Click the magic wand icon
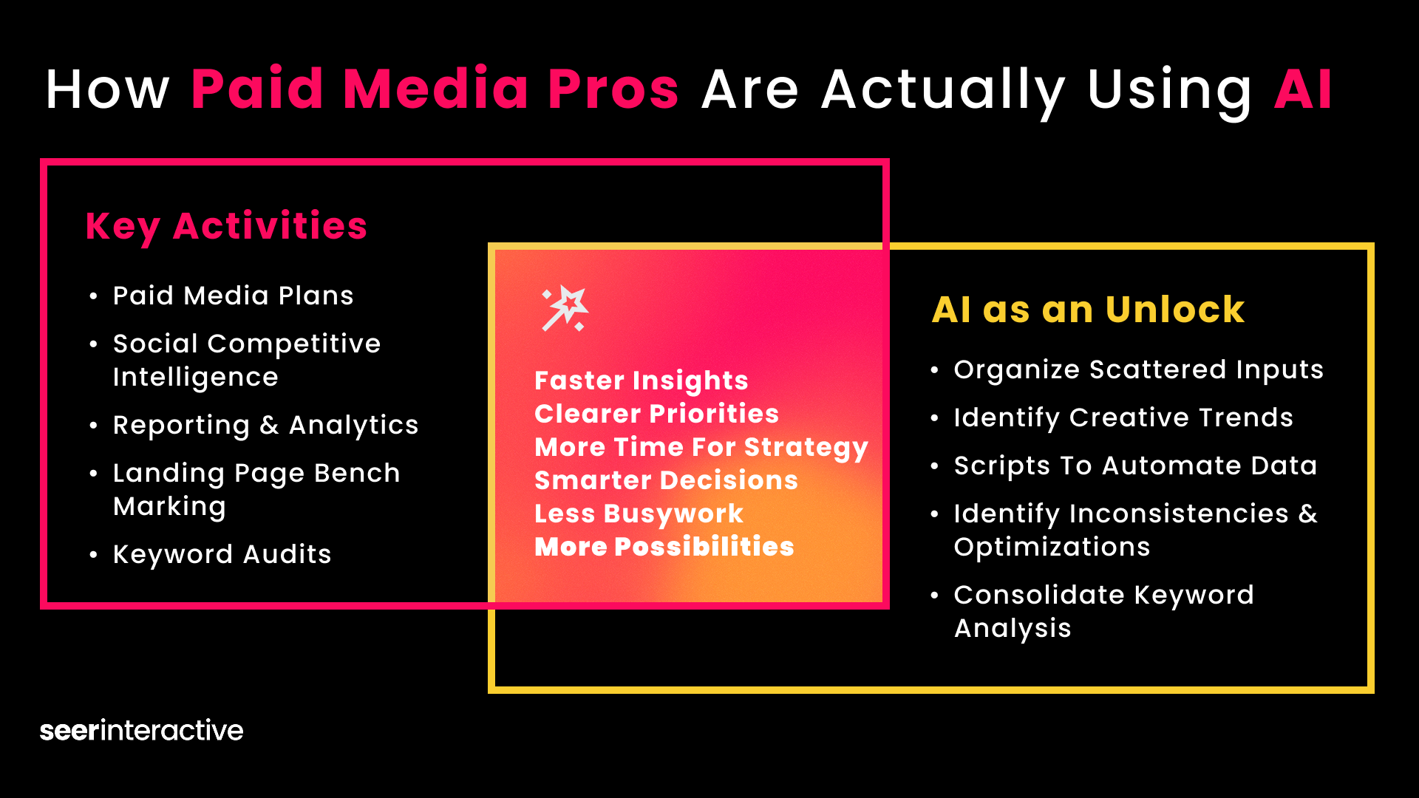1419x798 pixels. (x=565, y=308)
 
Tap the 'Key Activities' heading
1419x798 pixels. (x=226, y=227)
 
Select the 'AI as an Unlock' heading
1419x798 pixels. (x=1088, y=309)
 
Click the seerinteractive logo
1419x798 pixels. (x=141, y=730)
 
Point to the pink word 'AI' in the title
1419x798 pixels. (x=1303, y=89)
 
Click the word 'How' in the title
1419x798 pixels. (x=108, y=89)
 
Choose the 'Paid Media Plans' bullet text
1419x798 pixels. (x=234, y=296)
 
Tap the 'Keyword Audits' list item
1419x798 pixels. (x=222, y=554)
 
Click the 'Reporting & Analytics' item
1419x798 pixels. (x=266, y=426)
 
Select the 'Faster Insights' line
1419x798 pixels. (x=642, y=381)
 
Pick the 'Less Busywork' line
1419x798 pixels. (x=639, y=514)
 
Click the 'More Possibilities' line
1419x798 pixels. (x=664, y=547)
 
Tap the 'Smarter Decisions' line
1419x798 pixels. (x=667, y=480)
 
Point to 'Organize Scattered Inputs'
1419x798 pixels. (x=1139, y=369)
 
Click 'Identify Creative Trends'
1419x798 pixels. (x=1123, y=417)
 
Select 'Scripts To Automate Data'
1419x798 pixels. (x=1136, y=465)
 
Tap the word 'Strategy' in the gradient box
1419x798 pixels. (x=806, y=448)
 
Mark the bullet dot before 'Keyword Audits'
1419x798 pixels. (x=93, y=555)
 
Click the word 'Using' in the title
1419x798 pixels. (x=1170, y=92)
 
